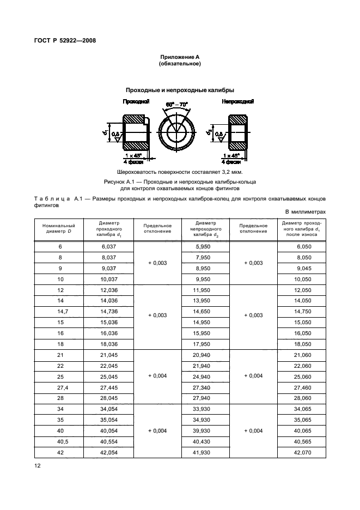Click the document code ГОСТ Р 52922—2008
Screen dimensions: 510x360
tap(69, 40)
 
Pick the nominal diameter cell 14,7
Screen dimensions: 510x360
tap(61, 311)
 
